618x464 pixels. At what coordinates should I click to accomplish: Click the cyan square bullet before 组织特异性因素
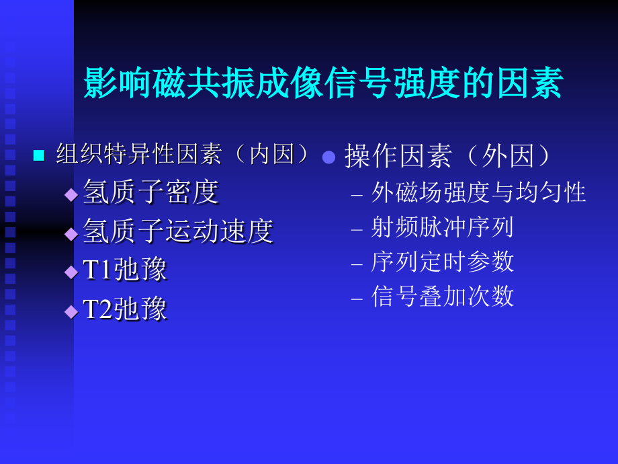click(x=39, y=156)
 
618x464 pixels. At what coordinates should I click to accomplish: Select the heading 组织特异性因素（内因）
click(x=183, y=155)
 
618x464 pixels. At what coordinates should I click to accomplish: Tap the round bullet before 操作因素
click(x=328, y=157)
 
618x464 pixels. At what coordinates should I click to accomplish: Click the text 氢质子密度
click(x=151, y=192)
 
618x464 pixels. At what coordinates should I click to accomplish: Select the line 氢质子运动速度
click(x=178, y=231)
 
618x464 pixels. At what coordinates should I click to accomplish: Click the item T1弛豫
click(x=125, y=270)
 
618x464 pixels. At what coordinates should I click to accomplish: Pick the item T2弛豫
click(x=125, y=309)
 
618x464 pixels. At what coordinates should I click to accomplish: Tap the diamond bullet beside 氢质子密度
click(x=71, y=195)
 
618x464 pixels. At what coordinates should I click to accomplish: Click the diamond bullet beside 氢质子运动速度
click(x=71, y=233)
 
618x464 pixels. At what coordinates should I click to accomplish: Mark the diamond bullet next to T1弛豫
click(x=71, y=272)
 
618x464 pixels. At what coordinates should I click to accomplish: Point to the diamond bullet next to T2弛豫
click(x=71, y=311)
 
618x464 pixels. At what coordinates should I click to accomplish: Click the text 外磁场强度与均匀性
click(x=478, y=193)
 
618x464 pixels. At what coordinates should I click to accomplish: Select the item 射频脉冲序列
click(x=442, y=227)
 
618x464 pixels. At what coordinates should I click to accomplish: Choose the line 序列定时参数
click(x=442, y=262)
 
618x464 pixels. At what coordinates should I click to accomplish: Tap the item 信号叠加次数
click(x=442, y=296)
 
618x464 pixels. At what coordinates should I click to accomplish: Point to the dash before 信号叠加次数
click(x=357, y=298)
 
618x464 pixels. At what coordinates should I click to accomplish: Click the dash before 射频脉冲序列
click(x=357, y=229)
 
